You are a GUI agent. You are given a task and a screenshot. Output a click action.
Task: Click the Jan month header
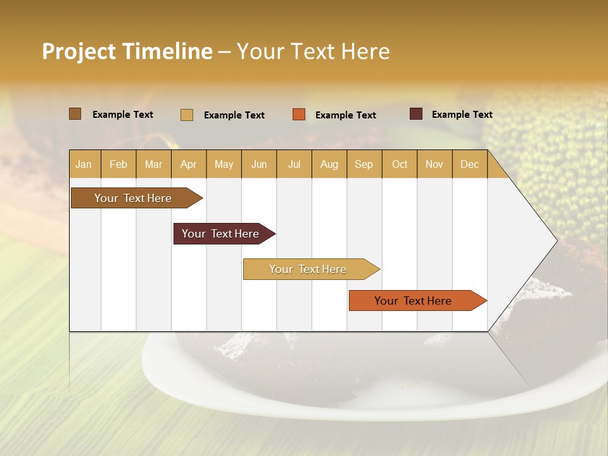point(84,164)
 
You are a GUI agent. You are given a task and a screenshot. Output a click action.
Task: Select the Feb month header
point(118,164)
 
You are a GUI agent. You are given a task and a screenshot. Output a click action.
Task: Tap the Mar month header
point(153,164)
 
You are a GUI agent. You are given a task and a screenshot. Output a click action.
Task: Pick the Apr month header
point(189,164)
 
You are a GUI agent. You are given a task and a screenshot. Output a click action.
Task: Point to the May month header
point(224,164)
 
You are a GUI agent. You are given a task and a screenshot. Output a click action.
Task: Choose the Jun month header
point(259,164)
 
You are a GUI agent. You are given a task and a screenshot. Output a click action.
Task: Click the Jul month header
point(294,164)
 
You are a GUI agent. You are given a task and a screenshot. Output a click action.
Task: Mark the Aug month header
point(329,164)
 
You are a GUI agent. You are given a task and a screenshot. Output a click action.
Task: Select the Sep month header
point(364,164)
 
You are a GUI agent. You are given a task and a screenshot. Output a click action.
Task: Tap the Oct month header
point(400,164)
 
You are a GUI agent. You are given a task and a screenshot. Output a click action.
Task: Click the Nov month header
point(434,164)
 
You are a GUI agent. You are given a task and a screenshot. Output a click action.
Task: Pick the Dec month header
point(469,164)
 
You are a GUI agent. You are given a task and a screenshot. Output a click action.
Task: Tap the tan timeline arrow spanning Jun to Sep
point(308,269)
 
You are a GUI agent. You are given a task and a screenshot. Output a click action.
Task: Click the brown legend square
point(75,114)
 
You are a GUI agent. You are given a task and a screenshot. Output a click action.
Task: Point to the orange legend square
point(299,114)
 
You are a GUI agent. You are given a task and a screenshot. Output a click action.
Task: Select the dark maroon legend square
point(416,114)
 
